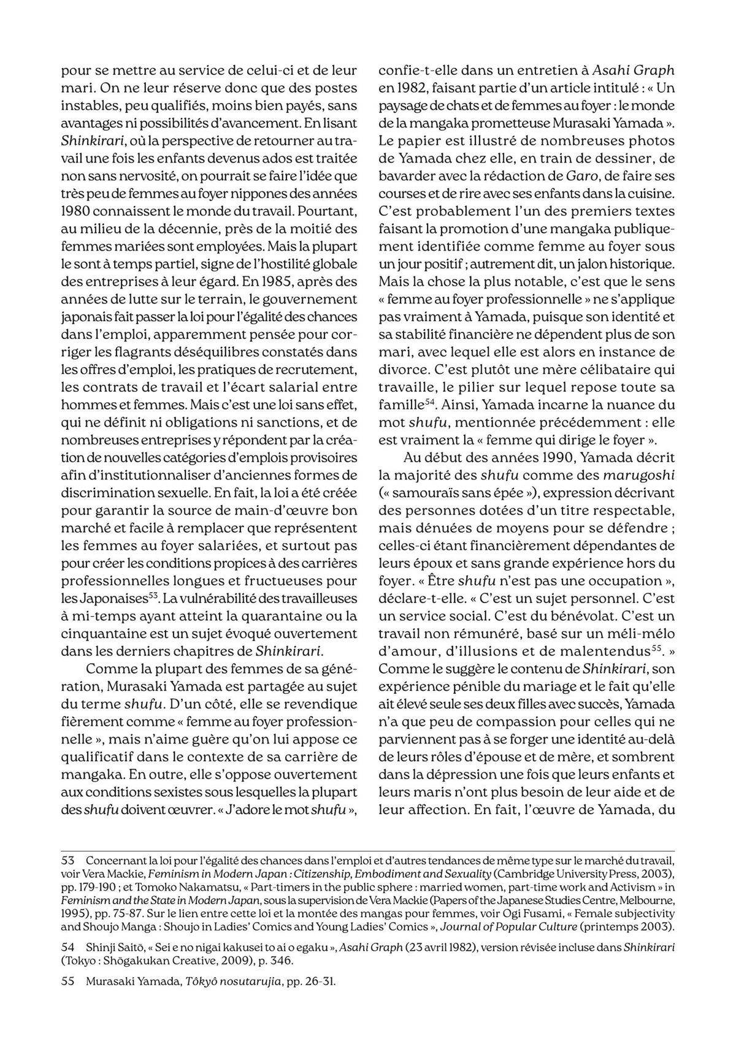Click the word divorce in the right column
(401, 370)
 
